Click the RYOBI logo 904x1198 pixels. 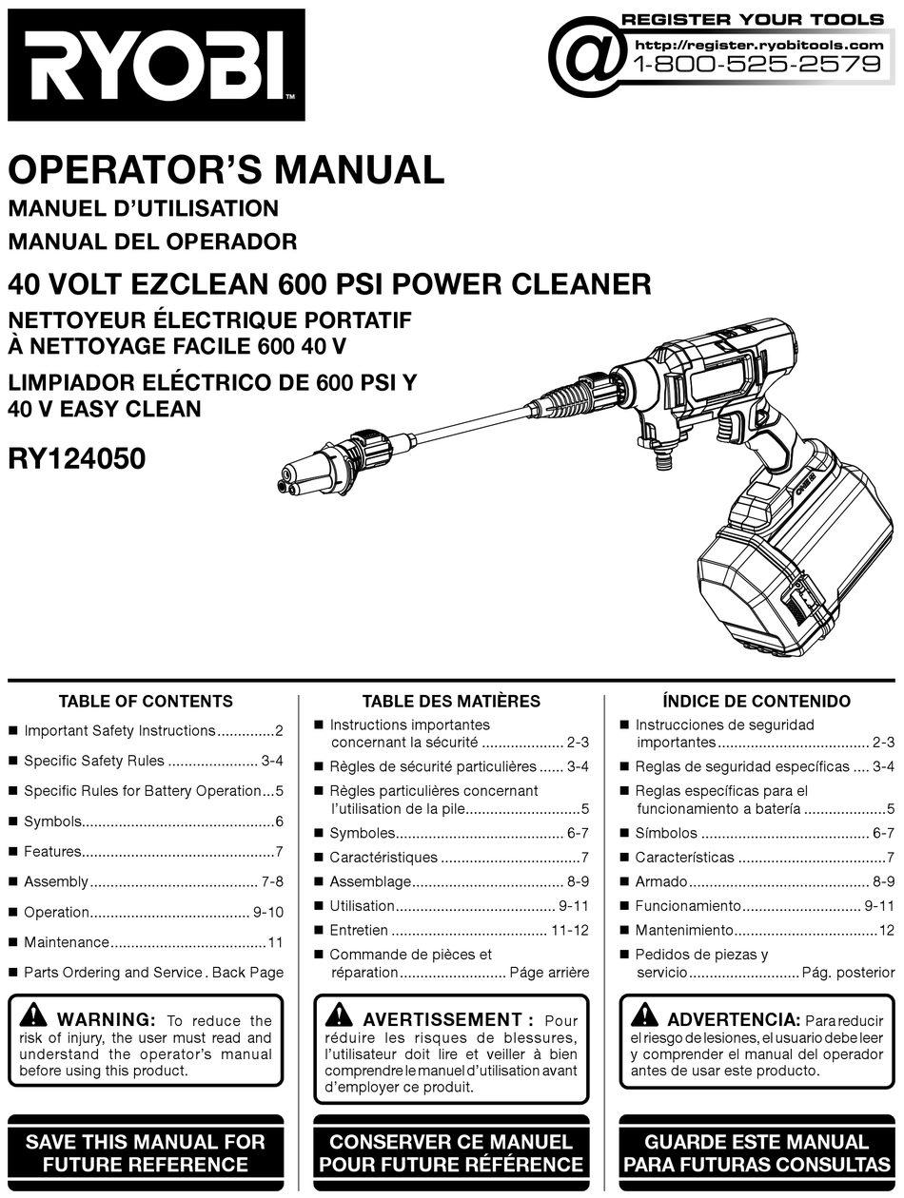point(156,65)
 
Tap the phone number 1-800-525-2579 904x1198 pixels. point(757,65)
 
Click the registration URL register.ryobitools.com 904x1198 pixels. point(758,44)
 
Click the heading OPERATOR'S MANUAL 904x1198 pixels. point(226,170)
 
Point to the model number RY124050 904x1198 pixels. point(77,459)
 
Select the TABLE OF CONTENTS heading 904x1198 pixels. point(146,702)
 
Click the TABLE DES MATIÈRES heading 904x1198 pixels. point(451,702)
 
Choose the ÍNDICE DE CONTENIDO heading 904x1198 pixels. point(757,702)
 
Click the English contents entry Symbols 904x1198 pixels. point(52,821)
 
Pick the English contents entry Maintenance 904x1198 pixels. point(67,942)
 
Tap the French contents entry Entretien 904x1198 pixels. point(359,930)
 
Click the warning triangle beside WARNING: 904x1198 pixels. point(33,1014)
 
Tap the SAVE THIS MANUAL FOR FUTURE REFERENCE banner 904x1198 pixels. point(146,1152)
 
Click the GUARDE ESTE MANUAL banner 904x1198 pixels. point(757,1152)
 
